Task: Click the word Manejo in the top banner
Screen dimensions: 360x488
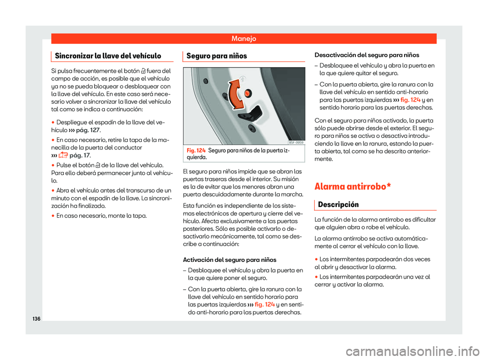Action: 243,38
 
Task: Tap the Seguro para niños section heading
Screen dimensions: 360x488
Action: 209,55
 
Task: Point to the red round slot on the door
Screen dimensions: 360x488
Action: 248,93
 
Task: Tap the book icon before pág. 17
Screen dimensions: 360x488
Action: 64,156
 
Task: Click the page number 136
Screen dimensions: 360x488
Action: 36,318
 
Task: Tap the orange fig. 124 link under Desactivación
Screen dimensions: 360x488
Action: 409,99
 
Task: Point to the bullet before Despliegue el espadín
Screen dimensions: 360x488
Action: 53,123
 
